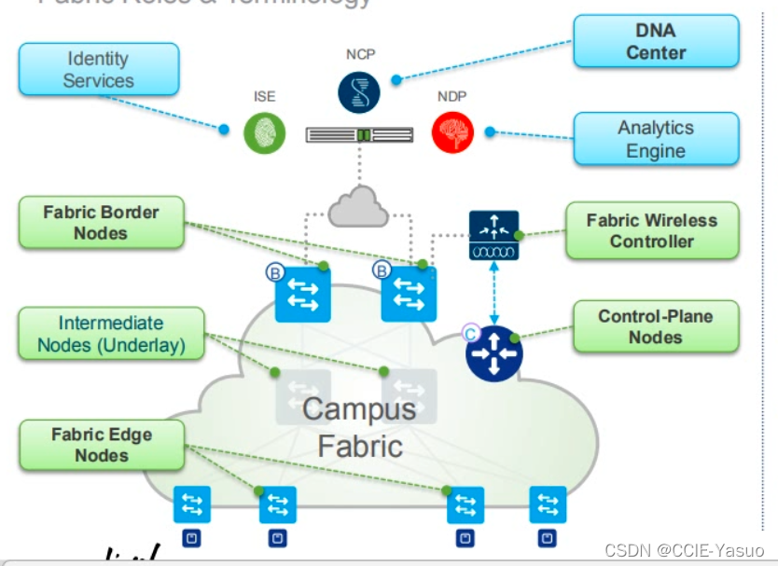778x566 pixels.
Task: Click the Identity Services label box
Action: point(98,70)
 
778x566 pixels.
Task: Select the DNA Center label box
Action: point(656,42)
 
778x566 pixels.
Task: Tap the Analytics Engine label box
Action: point(656,140)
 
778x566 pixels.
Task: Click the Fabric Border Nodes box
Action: point(101,223)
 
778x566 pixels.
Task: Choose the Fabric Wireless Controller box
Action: point(652,231)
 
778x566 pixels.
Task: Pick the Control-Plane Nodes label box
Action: point(656,326)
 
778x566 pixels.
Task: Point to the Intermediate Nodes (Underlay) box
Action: point(111,335)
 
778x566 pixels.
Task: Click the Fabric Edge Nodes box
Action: point(102,445)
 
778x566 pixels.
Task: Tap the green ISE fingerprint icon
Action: point(265,133)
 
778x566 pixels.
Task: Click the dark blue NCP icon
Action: point(359,91)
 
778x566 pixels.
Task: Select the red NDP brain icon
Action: point(452,132)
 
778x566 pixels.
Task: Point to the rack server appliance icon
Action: point(359,136)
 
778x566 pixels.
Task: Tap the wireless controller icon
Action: point(493,236)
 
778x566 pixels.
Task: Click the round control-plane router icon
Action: point(494,354)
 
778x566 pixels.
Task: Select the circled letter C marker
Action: point(471,331)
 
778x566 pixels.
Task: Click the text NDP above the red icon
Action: point(452,97)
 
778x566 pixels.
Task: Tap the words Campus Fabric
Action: point(359,426)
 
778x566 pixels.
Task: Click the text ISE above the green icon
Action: point(265,97)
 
